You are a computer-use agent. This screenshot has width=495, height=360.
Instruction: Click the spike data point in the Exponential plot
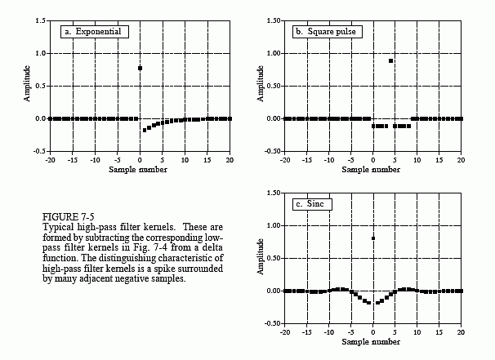point(140,69)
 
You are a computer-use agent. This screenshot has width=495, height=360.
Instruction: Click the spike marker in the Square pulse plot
point(391,61)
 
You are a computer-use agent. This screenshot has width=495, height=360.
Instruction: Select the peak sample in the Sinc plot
point(373,238)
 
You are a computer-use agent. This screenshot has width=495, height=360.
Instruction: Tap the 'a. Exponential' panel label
point(92,32)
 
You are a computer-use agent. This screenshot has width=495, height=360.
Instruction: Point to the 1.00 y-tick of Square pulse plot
point(274,53)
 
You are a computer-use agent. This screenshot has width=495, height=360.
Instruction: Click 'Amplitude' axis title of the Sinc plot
point(261,257)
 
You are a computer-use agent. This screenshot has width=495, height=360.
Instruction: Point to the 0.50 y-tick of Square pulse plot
point(274,86)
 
